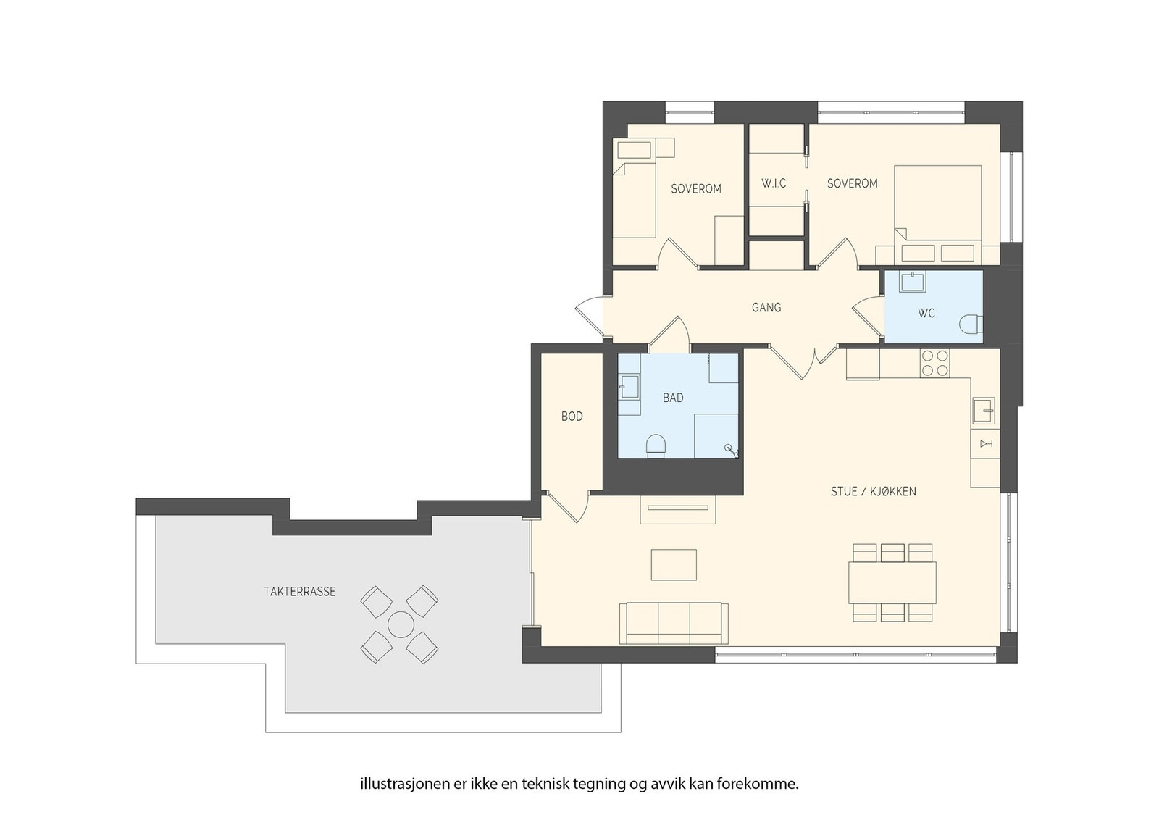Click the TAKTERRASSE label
[300, 592]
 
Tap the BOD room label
[572, 417]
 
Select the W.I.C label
[774, 183]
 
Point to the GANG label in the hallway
[766, 308]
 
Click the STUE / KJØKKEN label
[874, 491]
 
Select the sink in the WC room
[912, 282]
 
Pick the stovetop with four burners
[935, 363]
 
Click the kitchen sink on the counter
[983, 411]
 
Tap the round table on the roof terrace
[400, 624]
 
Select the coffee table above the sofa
[674, 565]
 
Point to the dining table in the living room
[892, 582]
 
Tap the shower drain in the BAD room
[729, 448]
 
